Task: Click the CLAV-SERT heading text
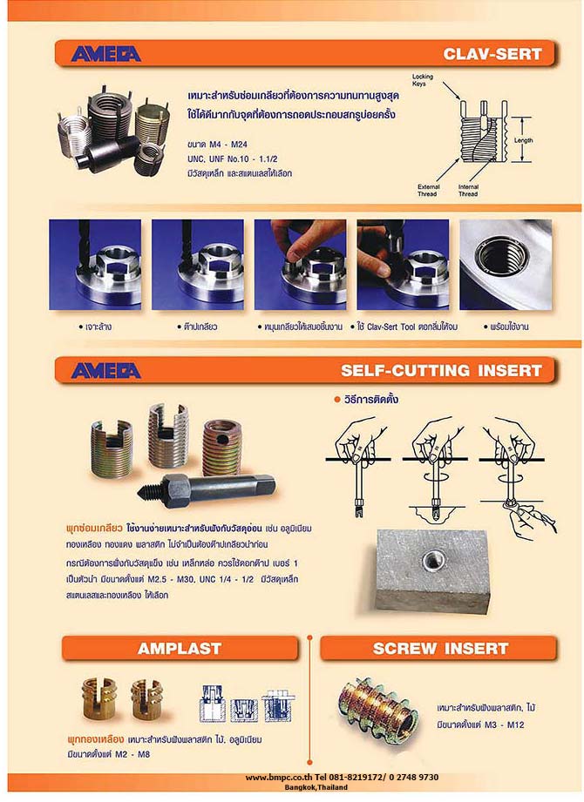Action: point(492,54)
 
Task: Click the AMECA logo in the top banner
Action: point(105,54)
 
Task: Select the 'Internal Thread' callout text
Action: point(468,190)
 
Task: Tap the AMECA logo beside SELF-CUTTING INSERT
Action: point(105,370)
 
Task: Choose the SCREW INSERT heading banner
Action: point(440,648)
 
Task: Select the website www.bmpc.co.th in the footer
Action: point(277,778)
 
